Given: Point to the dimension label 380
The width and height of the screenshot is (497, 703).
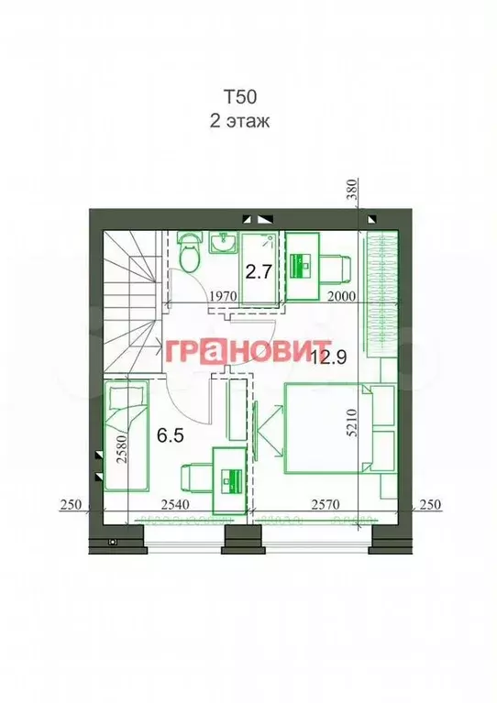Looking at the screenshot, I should tap(352, 192).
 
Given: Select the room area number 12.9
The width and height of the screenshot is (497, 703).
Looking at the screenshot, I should tap(326, 357).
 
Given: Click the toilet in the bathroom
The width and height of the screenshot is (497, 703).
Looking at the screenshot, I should tap(190, 253).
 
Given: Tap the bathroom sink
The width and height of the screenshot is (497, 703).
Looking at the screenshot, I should tap(223, 243).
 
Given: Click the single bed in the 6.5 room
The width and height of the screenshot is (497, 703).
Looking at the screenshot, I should tap(126, 436).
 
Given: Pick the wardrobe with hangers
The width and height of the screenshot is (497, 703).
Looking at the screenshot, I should tap(381, 293).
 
